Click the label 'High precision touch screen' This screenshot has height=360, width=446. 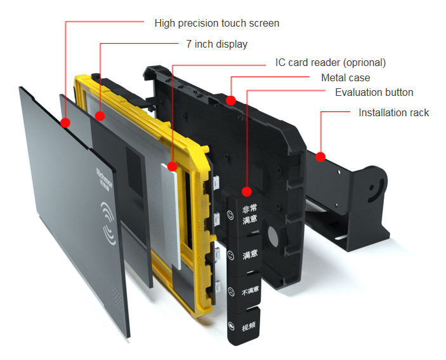[216, 23]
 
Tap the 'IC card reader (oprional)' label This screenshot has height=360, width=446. [330, 62]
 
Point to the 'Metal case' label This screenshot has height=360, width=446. [346, 77]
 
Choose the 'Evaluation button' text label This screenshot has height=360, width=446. [374, 93]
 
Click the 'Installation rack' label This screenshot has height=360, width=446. [393, 113]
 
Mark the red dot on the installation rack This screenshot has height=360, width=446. [321, 156]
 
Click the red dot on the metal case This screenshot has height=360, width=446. [232, 100]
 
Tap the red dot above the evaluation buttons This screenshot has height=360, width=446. [247, 191]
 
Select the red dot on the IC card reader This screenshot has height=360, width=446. [173, 166]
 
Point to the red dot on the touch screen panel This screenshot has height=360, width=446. [65, 122]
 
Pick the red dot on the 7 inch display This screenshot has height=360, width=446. [100, 116]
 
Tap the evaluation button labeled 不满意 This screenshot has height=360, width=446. [249, 291]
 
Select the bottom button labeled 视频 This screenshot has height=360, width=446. [248, 327]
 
